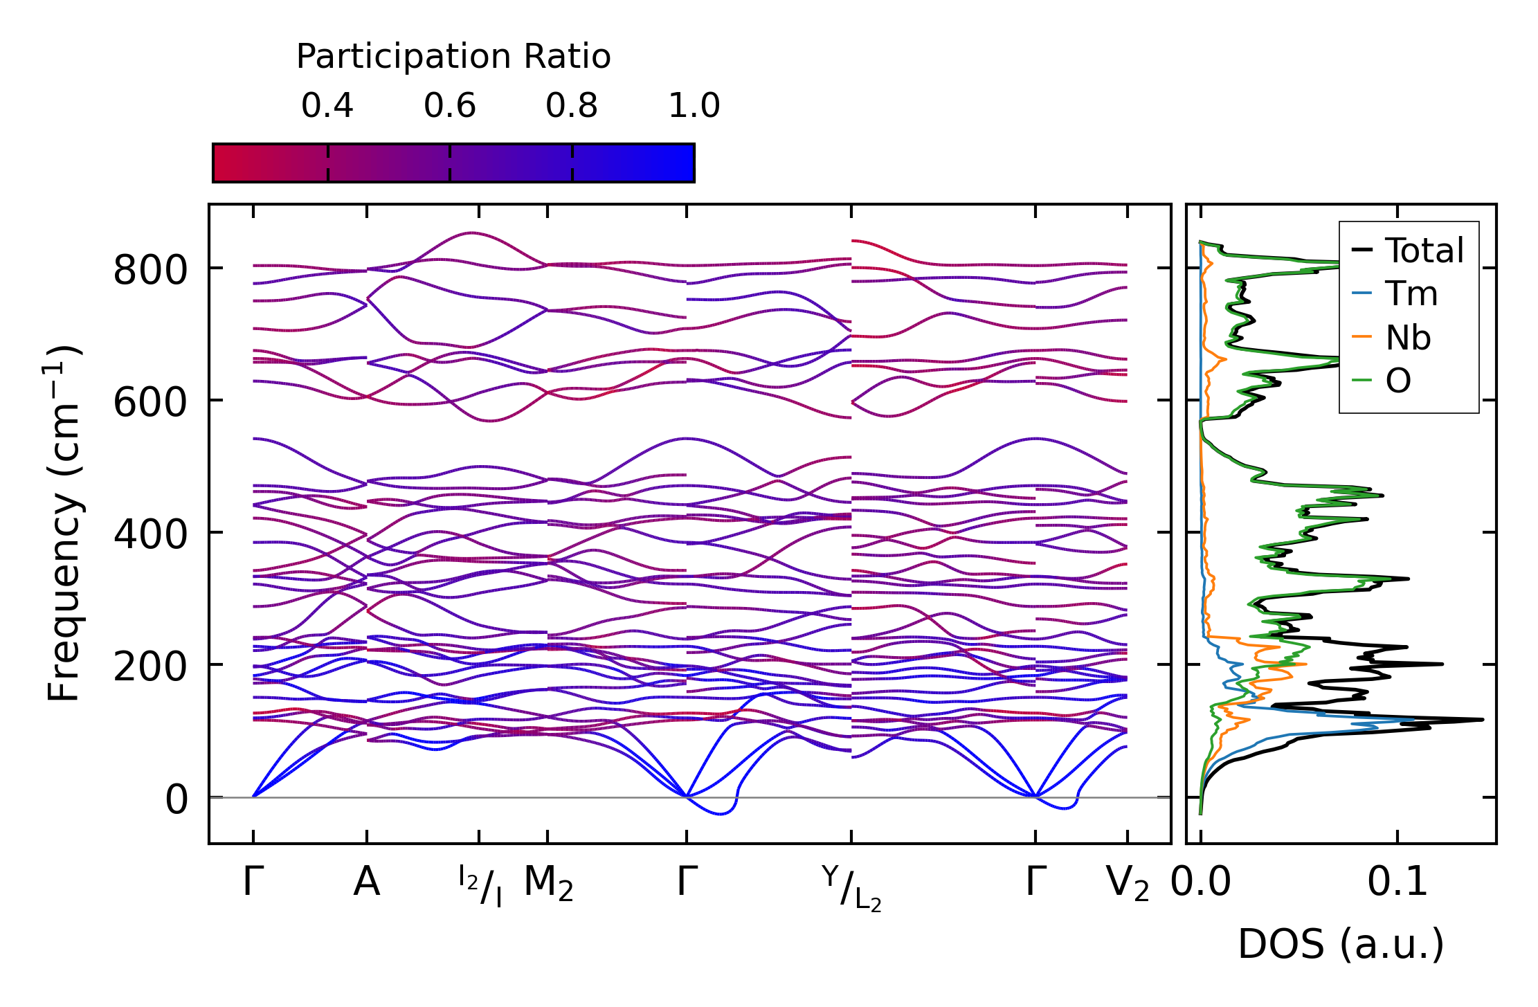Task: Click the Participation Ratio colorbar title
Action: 453,57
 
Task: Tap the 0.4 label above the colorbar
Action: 327,106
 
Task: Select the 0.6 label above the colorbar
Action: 450,106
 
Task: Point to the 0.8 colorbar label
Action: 572,106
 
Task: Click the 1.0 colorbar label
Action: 694,106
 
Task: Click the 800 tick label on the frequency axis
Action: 150,270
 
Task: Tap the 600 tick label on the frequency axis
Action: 150,402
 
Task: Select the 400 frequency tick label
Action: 150,535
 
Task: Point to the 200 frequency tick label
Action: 150,667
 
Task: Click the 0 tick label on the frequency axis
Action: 177,799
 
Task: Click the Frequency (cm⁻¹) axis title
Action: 64,524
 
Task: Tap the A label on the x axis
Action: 366,882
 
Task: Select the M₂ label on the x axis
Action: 548,884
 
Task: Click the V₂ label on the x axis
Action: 1128,884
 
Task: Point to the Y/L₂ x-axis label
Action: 851,887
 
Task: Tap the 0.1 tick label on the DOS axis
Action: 1397,882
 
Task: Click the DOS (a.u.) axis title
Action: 1341,945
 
